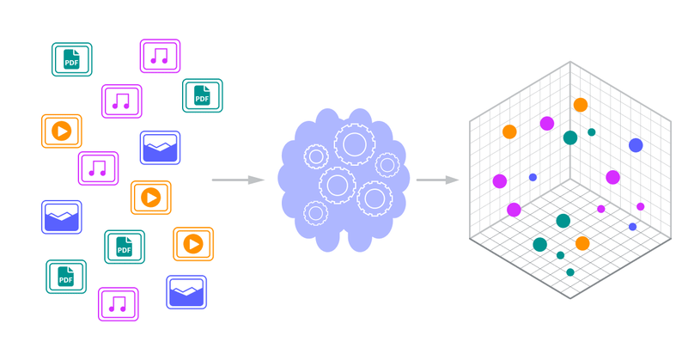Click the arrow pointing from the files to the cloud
237,180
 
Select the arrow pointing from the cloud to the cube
436,180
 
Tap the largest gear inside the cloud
353,143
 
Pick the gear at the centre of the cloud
337,185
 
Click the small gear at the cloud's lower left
316,212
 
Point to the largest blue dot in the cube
636,145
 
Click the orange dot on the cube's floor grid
582,243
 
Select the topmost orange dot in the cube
581,105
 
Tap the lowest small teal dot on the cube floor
570,272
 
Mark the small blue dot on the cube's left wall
533,177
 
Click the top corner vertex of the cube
570,62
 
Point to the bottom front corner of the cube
570,299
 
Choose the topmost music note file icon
160,56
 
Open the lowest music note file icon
119,303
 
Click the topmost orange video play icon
62,131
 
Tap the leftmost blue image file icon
62,217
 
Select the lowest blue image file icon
186,292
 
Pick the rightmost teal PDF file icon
203,95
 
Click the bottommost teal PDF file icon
66,277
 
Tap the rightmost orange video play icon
193,244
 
